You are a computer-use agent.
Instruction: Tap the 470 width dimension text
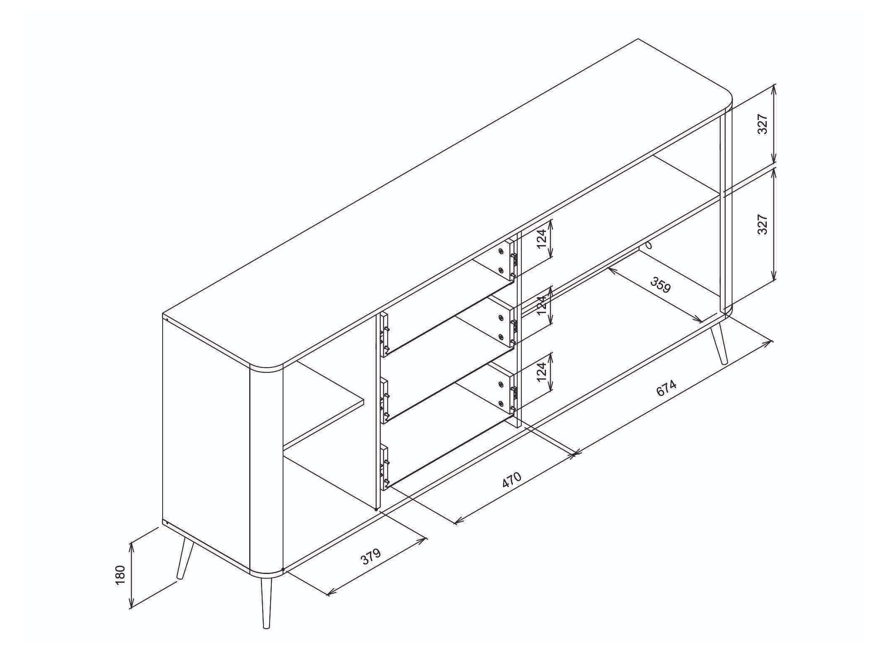pos(512,480)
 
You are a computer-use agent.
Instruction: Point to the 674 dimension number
pos(666,388)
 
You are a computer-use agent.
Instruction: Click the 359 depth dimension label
pos(661,285)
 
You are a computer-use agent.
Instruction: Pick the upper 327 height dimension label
pos(763,124)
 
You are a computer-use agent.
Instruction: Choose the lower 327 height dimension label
pos(763,224)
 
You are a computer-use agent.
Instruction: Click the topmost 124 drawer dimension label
pos(542,238)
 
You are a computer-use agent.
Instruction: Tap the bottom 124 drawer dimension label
pos(542,372)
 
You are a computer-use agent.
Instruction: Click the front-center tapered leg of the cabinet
pos(266,602)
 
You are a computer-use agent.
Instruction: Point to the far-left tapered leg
pos(185,558)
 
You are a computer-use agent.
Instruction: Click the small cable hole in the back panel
pos(648,245)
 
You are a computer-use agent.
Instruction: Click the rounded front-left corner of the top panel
pos(268,366)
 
